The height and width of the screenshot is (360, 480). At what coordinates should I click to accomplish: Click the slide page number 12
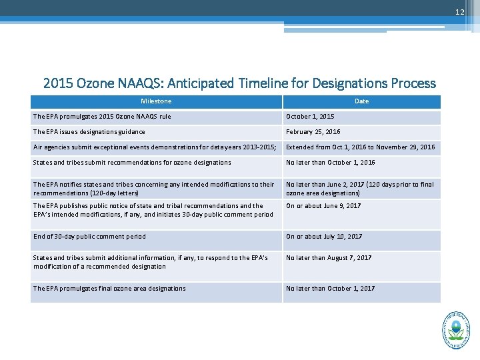tap(460, 13)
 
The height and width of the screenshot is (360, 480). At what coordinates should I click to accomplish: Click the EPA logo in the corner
tap(455, 329)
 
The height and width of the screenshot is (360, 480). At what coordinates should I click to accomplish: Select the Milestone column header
tap(156, 101)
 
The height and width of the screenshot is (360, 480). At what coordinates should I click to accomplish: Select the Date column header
tap(361, 101)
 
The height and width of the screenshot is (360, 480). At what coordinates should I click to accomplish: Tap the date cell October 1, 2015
tap(310, 117)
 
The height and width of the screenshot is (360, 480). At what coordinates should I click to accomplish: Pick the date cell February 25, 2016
tap(313, 132)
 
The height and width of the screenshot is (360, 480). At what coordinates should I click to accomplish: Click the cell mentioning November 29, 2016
tap(360, 147)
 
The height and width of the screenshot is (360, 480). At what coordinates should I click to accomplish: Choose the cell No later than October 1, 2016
tap(330, 162)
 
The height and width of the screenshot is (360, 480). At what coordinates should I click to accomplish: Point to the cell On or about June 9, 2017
tap(323, 206)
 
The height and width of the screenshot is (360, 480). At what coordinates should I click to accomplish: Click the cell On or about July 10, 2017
tap(324, 237)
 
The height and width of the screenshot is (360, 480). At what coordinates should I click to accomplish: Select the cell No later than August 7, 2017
tap(328, 258)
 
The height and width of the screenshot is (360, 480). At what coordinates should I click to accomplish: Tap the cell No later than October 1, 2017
tap(330, 289)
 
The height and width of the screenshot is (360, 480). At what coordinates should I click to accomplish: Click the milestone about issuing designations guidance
tap(89, 132)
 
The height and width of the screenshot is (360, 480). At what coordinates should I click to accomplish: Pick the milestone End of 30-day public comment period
tap(89, 237)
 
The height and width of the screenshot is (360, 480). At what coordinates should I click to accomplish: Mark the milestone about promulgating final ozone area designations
tap(109, 289)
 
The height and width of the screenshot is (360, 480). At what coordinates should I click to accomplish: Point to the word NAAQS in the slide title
tap(138, 83)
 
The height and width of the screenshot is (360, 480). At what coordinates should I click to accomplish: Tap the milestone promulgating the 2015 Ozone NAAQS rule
tap(102, 117)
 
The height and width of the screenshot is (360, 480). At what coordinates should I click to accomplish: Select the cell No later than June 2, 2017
tap(359, 189)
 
